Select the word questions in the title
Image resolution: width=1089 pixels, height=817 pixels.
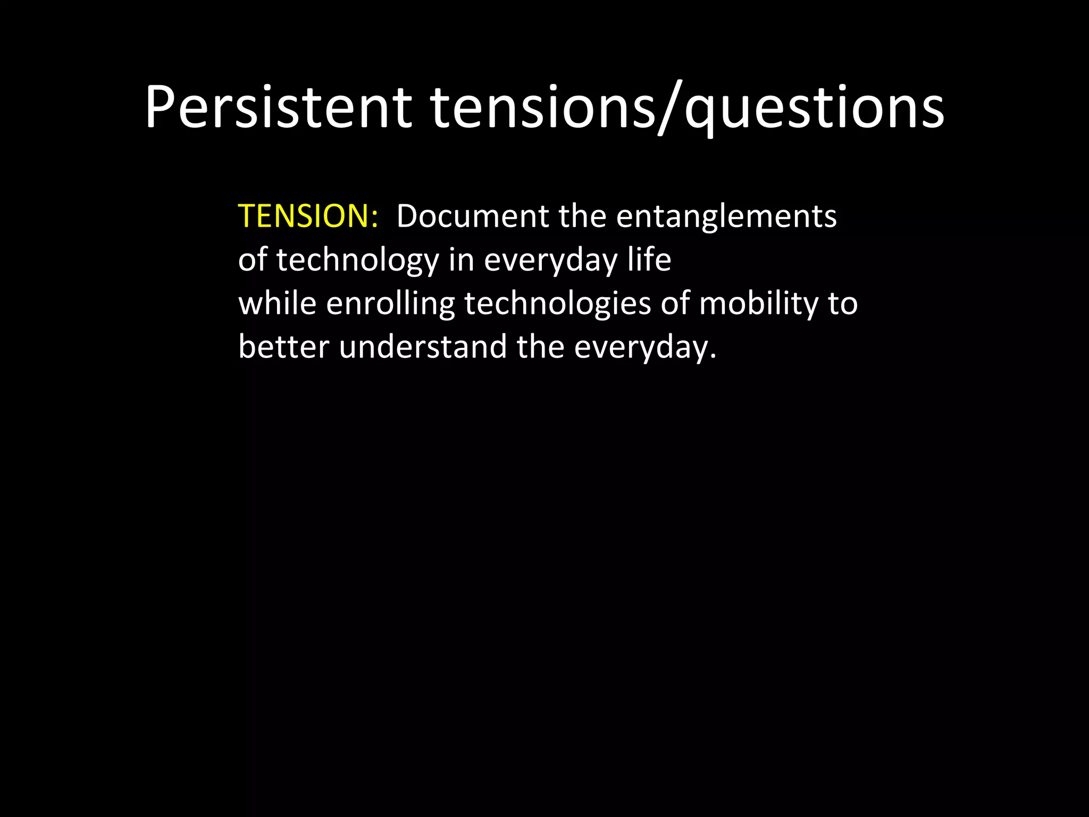coord(814,109)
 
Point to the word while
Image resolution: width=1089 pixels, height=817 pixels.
coord(277,304)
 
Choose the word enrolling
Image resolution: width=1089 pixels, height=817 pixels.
coord(390,305)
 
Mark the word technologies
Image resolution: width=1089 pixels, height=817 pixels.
coord(558,305)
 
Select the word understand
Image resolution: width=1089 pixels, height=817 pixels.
coord(423,347)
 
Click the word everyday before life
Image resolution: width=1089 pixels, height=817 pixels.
coord(550,261)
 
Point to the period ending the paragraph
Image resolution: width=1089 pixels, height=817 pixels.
coord(713,357)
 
